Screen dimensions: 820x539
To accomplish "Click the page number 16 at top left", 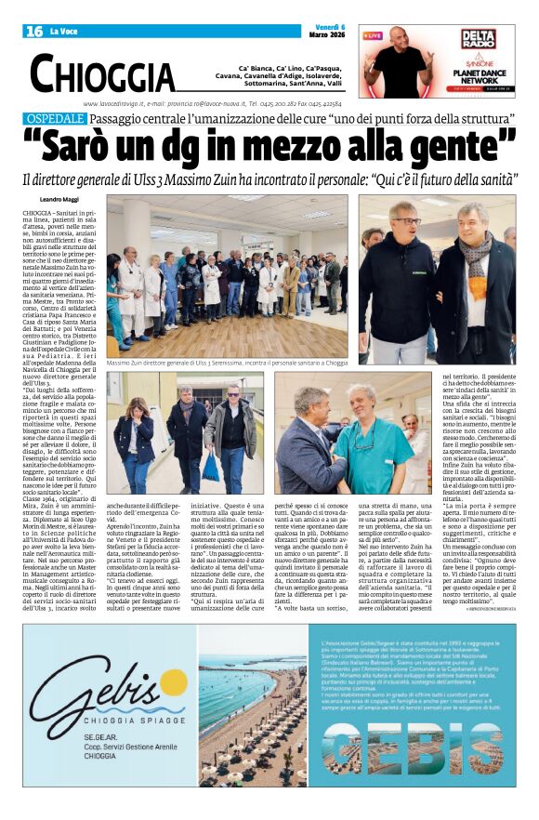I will pyautogui.click(x=34, y=32).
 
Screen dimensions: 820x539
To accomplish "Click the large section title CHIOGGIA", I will pyautogui.click(x=102, y=74).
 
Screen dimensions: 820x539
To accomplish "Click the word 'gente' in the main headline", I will pyautogui.click(x=458, y=145).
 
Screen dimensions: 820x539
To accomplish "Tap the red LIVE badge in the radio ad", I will pyautogui.click(x=373, y=35).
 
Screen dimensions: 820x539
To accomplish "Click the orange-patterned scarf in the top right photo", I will pyautogui.click(x=480, y=249).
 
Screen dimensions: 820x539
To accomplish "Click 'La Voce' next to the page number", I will pyautogui.click(x=64, y=32).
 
